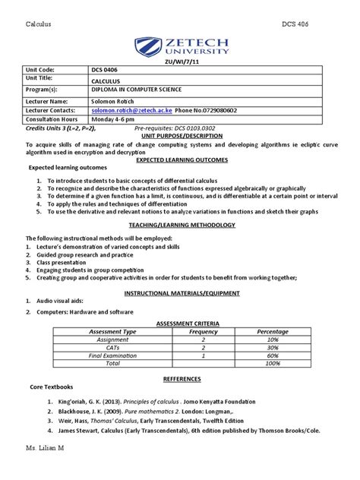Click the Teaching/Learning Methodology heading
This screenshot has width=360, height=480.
pos(180,226)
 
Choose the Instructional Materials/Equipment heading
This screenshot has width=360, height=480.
pos(180,292)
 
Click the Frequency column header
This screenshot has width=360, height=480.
pos(204,331)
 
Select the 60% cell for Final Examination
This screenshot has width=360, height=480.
pos(272,355)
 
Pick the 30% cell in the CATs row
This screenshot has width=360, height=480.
pos(272,347)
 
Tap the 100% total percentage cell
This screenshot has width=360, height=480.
pos(272,363)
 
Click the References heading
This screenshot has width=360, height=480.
pos(180,377)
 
